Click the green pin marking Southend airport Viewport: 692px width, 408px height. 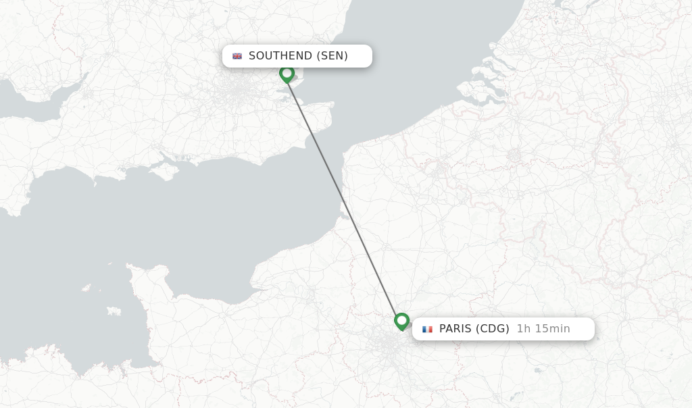point(287,73)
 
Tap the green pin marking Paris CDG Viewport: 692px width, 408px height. point(401,320)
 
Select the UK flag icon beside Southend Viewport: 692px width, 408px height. point(237,56)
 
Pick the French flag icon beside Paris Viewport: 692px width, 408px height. point(427,329)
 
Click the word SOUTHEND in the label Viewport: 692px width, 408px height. point(280,56)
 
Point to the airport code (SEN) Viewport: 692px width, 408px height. point(332,56)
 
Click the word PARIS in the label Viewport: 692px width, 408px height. point(456,329)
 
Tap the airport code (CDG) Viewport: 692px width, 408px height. point(493,329)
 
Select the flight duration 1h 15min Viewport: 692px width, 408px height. point(543,329)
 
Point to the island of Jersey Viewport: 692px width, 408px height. point(114,311)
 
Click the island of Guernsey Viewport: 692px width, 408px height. point(86,288)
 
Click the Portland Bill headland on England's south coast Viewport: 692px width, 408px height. point(95,181)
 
